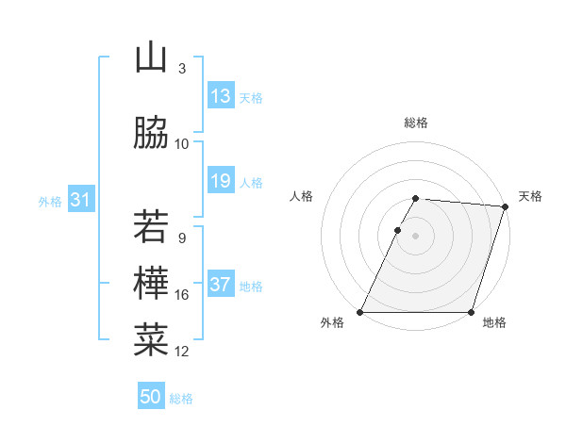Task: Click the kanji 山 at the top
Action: (x=151, y=58)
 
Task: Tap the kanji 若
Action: (x=151, y=227)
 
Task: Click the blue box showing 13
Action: (x=221, y=96)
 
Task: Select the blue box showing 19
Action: (x=221, y=181)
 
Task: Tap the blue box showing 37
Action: (x=221, y=285)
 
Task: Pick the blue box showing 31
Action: (x=80, y=200)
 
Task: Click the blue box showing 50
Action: (x=151, y=397)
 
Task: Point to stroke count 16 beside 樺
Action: (x=182, y=295)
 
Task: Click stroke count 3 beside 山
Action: (x=182, y=69)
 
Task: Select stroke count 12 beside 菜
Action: (x=182, y=352)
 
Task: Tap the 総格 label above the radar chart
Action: (x=416, y=123)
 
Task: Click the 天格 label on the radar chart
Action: (x=530, y=196)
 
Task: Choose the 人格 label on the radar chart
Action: (x=302, y=196)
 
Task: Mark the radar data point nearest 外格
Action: (x=360, y=312)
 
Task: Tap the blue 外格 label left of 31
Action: (x=50, y=201)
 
